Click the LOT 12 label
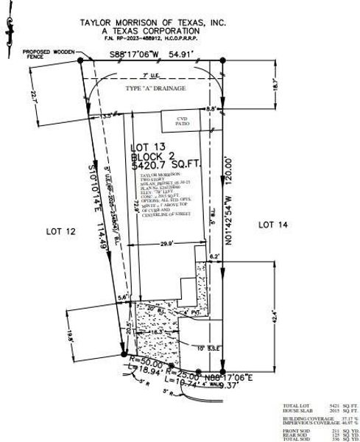coord(61,231)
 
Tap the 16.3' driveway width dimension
coord(155,332)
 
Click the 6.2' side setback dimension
coord(214,256)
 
